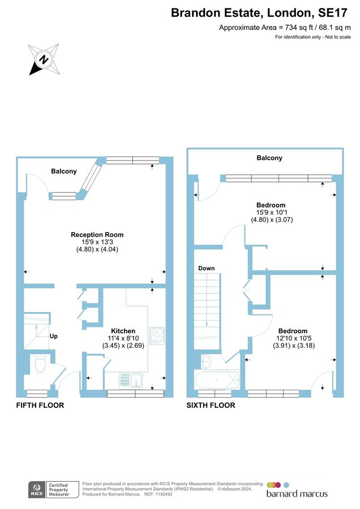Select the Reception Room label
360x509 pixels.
click(x=97, y=235)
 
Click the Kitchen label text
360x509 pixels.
click(x=123, y=331)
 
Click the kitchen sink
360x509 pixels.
click(x=131, y=379)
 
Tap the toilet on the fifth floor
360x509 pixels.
click(x=39, y=365)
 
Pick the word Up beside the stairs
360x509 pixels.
click(x=54, y=337)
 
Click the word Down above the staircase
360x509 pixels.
click(x=206, y=268)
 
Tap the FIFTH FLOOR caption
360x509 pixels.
click(x=40, y=406)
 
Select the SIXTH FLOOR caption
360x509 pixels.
click(x=211, y=406)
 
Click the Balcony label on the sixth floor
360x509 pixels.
click(x=269, y=158)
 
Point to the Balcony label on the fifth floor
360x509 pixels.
click(x=63, y=171)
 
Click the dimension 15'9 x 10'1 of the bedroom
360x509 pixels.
click(x=271, y=213)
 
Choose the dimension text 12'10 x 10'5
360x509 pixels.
click(x=293, y=338)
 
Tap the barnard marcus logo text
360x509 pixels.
click(x=297, y=494)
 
